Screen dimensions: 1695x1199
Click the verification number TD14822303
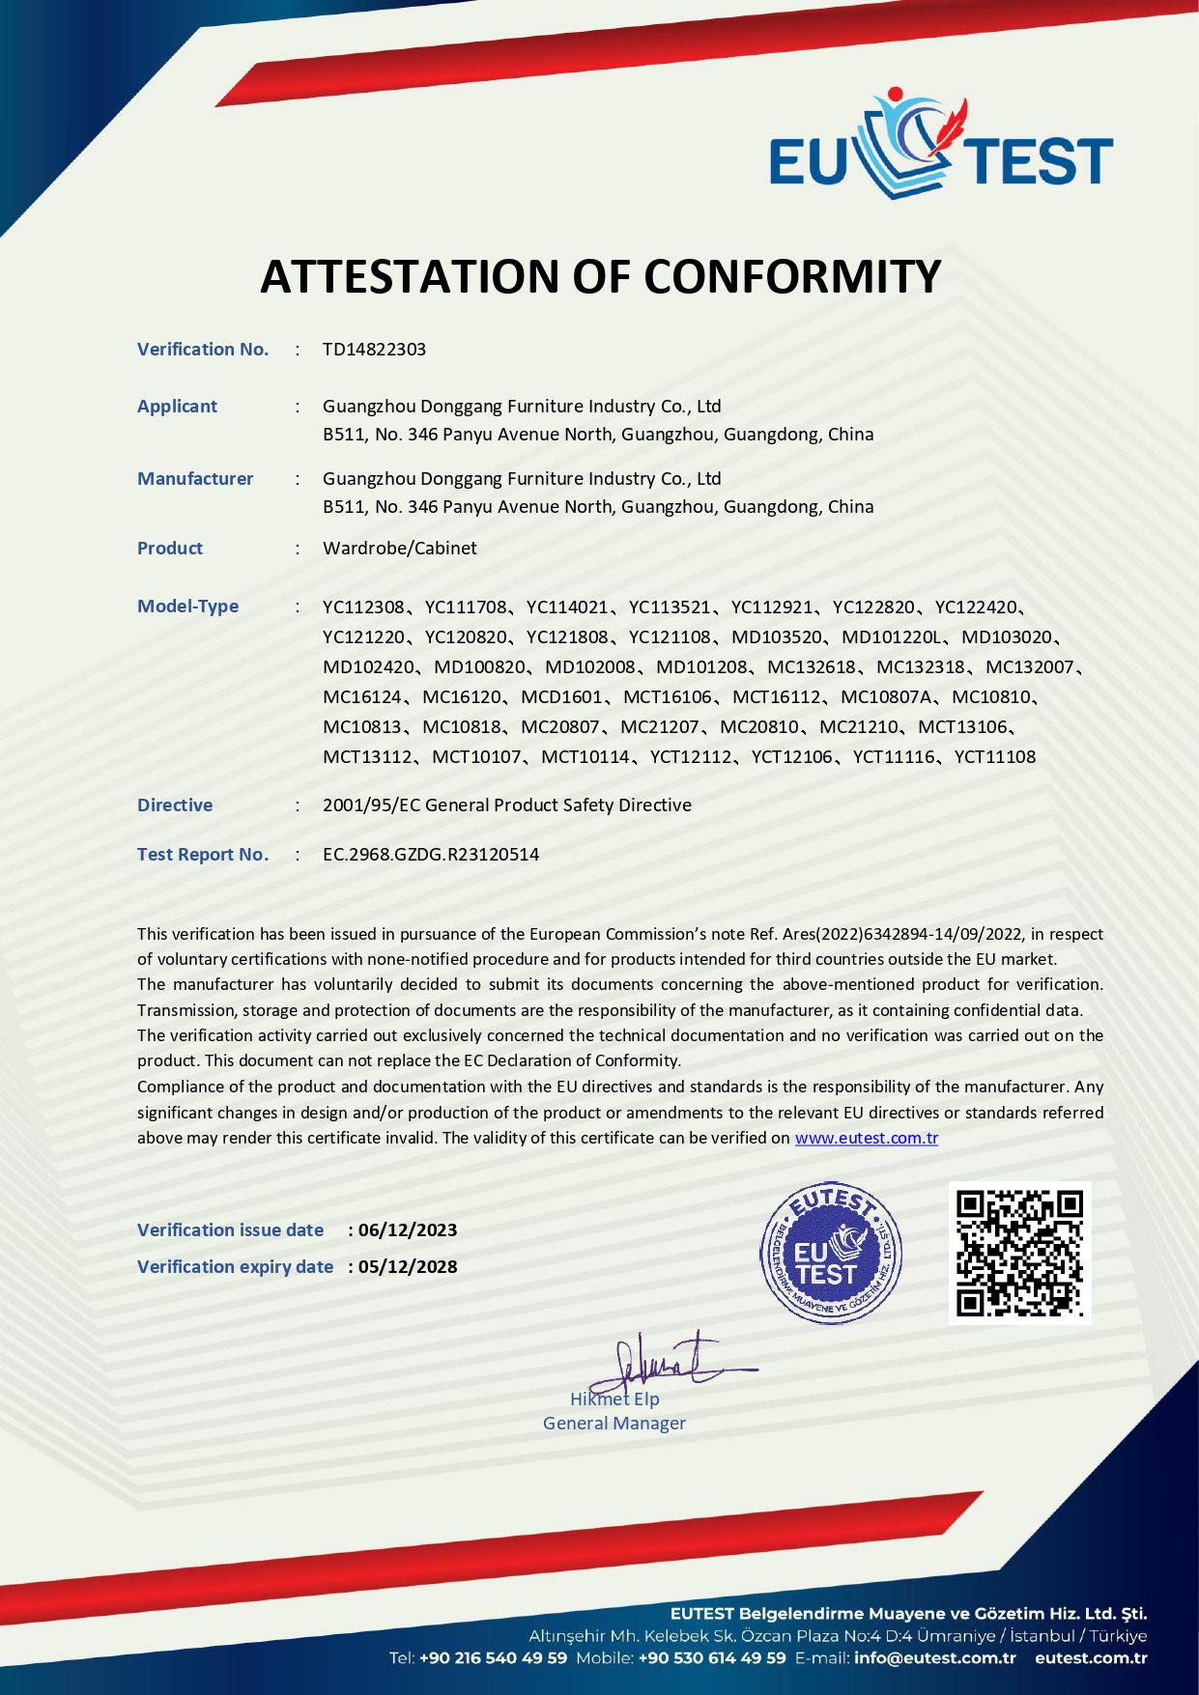click(374, 350)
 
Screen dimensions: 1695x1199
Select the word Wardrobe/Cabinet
click(399, 549)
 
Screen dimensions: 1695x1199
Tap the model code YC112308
click(363, 607)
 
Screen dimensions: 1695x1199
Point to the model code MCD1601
click(561, 697)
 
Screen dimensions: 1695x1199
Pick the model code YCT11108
click(994, 757)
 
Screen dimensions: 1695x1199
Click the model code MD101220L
click(890, 637)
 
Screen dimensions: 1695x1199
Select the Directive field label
click(175, 805)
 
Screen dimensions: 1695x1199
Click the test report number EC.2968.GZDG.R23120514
click(431, 855)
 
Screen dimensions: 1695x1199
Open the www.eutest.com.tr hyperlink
click(866, 1138)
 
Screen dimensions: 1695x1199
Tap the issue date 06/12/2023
click(408, 1230)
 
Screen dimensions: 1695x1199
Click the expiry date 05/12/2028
click(408, 1267)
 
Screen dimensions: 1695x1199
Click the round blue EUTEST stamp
click(830, 1254)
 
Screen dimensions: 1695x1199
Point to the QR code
click(1019, 1253)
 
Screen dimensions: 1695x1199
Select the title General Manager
click(614, 1424)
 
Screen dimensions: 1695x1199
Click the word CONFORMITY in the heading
click(792, 277)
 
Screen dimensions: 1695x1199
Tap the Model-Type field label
click(187, 607)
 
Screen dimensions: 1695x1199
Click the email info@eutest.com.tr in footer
click(935, 1658)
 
